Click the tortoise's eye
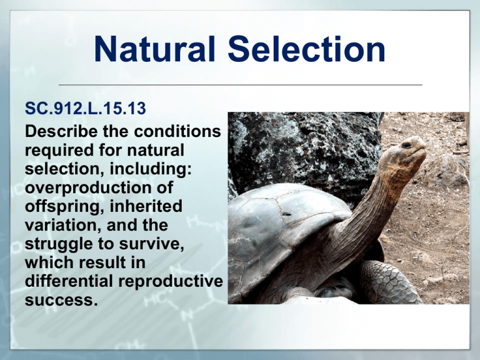pyautogui.click(x=406, y=145)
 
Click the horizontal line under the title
pyautogui.click(x=240, y=84)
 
